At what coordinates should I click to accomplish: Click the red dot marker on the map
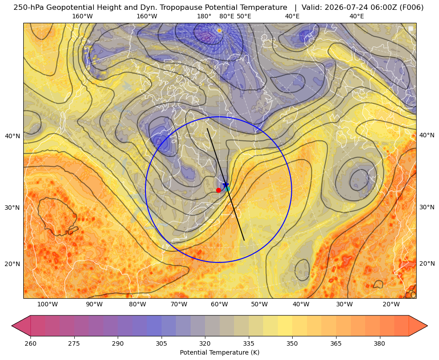[218, 190]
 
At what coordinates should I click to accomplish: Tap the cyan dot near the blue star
[227, 189]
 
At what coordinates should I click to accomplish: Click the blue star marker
[226, 185]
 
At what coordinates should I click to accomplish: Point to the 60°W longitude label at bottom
[219, 305]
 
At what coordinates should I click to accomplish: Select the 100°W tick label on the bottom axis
[47, 305]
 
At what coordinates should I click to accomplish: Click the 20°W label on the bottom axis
[391, 305]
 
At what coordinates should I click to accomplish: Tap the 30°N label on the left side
[13, 208]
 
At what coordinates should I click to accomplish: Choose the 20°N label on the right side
[427, 263]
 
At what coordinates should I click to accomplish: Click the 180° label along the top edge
[205, 16]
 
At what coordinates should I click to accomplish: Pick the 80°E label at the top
[227, 16]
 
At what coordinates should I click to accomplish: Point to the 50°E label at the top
[244, 16]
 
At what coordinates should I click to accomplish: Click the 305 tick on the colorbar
[162, 343]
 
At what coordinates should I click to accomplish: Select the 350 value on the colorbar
[292, 343]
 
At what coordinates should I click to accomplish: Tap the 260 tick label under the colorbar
[30, 343]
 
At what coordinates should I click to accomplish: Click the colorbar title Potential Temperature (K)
[220, 352]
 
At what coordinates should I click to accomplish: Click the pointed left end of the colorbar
[12, 326]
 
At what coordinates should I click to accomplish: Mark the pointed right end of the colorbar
[427, 326]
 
